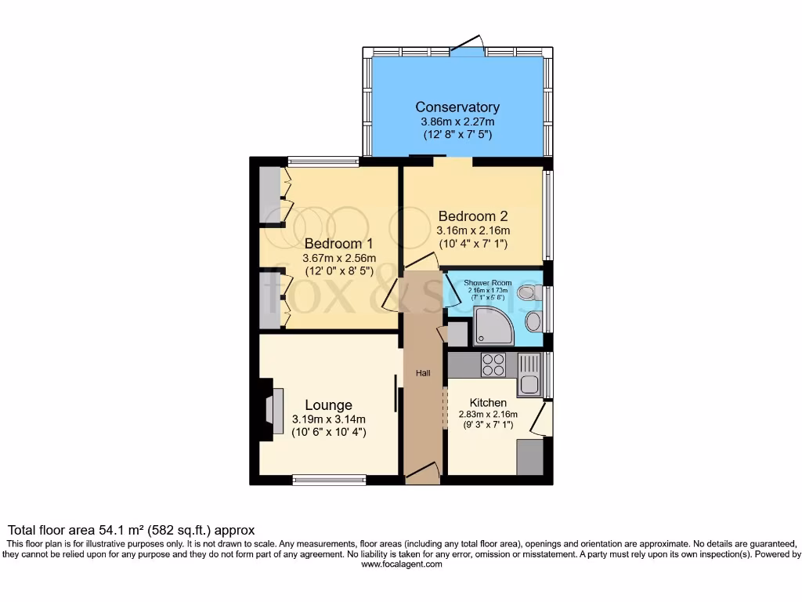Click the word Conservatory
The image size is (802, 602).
[x=457, y=107]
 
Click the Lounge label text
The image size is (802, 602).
[x=328, y=404]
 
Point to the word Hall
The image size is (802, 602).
[x=423, y=373]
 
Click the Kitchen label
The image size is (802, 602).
[x=488, y=402]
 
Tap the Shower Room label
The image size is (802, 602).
[x=487, y=282]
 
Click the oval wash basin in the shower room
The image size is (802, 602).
[x=533, y=320]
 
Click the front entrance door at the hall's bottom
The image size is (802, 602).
[x=422, y=470]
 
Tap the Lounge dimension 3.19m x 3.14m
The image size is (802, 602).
[x=328, y=419]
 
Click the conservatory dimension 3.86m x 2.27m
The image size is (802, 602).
[x=457, y=122]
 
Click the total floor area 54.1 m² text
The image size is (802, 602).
[x=131, y=530]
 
